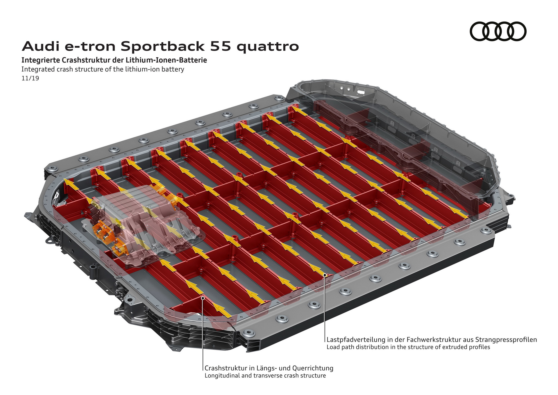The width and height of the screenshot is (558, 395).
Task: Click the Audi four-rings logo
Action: (x=498, y=31)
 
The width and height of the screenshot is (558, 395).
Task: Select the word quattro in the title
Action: (x=268, y=47)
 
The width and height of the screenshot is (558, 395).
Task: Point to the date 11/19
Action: (x=30, y=78)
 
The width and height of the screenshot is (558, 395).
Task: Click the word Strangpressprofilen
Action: (x=506, y=340)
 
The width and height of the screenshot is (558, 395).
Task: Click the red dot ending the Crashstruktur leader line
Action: (x=203, y=298)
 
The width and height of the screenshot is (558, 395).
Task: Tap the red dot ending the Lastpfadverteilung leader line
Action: (x=325, y=274)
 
